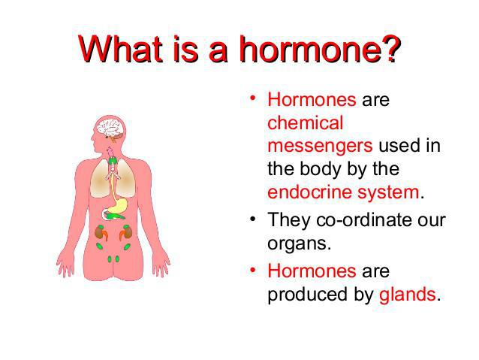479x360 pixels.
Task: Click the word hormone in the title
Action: point(310,49)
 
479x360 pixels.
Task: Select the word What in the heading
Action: point(120,49)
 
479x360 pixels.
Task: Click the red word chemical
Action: point(305,123)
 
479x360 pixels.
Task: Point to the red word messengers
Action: point(320,147)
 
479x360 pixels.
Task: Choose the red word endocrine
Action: point(309,192)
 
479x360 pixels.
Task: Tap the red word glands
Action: point(407,295)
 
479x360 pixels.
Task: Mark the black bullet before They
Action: point(252,219)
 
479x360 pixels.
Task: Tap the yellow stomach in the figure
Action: point(118,206)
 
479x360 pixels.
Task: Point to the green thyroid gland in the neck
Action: point(113,161)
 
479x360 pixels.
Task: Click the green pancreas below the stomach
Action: point(114,216)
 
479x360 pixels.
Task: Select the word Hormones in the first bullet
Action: point(312,100)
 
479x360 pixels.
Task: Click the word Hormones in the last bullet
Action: point(312,271)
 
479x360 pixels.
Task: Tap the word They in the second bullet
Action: point(289,220)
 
